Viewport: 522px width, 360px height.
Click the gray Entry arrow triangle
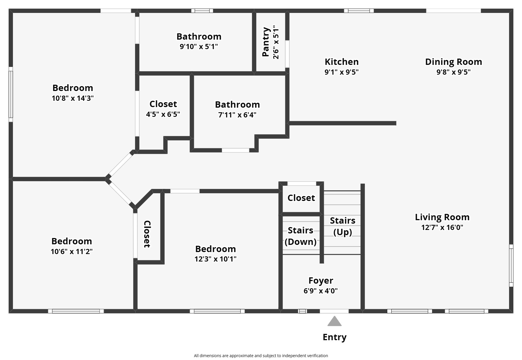click(334, 322)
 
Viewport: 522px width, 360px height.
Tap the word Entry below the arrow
click(334, 337)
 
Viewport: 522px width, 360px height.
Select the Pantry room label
click(266, 42)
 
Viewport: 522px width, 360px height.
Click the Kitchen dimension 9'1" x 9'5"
click(342, 72)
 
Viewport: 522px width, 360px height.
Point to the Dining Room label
click(453, 62)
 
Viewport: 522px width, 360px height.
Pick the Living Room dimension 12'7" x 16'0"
click(442, 228)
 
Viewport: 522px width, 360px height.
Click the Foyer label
click(321, 280)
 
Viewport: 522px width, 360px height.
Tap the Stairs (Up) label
click(342, 226)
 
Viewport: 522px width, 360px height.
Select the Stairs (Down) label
click(301, 236)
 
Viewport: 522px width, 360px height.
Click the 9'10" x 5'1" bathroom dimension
click(199, 47)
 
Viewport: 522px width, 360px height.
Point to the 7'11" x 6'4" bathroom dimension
click(237, 115)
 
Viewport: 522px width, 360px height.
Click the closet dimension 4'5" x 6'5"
click(163, 115)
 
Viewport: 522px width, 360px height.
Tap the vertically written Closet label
click(147, 234)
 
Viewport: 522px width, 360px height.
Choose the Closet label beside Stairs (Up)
click(301, 198)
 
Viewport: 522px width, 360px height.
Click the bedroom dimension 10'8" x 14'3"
click(73, 98)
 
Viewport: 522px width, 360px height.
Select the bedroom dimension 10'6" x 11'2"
click(72, 252)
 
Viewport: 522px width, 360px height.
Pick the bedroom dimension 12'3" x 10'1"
click(215, 259)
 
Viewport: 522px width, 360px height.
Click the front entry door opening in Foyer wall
click(334, 311)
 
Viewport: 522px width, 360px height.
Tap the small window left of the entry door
click(302, 311)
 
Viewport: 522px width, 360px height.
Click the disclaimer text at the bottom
click(261, 356)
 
